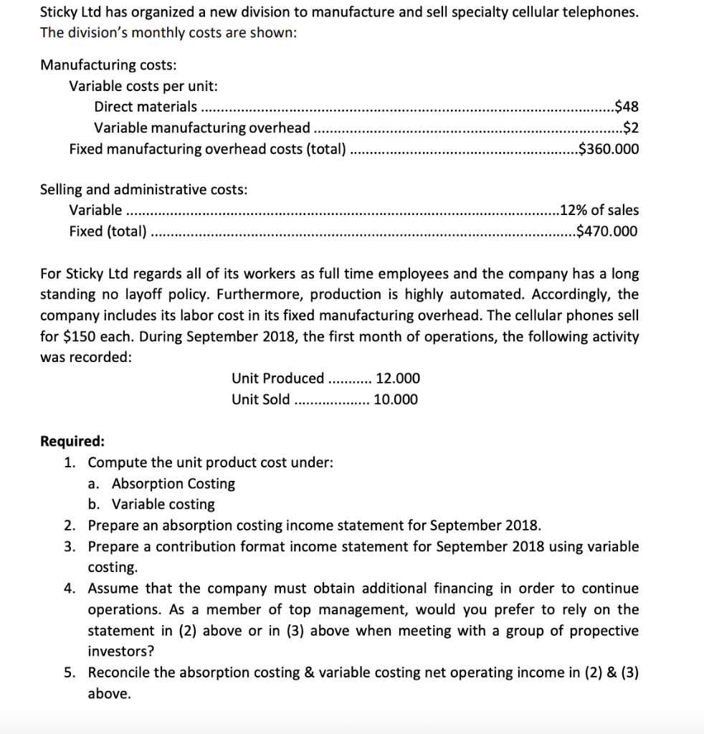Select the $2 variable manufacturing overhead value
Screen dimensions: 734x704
point(631,128)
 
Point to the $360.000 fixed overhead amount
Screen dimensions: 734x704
point(608,150)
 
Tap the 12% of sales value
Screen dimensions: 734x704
point(599,210)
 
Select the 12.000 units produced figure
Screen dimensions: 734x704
point(398,378)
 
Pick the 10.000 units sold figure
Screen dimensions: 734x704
point(396,399)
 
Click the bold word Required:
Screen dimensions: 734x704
point(72,441)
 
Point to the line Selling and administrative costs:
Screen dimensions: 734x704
point(143,189)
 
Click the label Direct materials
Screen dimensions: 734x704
point(146,108)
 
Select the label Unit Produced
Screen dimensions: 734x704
point(278,378)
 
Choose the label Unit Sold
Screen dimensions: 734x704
point(261,399)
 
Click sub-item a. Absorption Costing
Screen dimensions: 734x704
point(162,484)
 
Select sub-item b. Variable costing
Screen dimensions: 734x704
point(152,505)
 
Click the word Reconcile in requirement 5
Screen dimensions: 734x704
point(118,672)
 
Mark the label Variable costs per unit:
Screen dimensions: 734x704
point(143,86)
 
